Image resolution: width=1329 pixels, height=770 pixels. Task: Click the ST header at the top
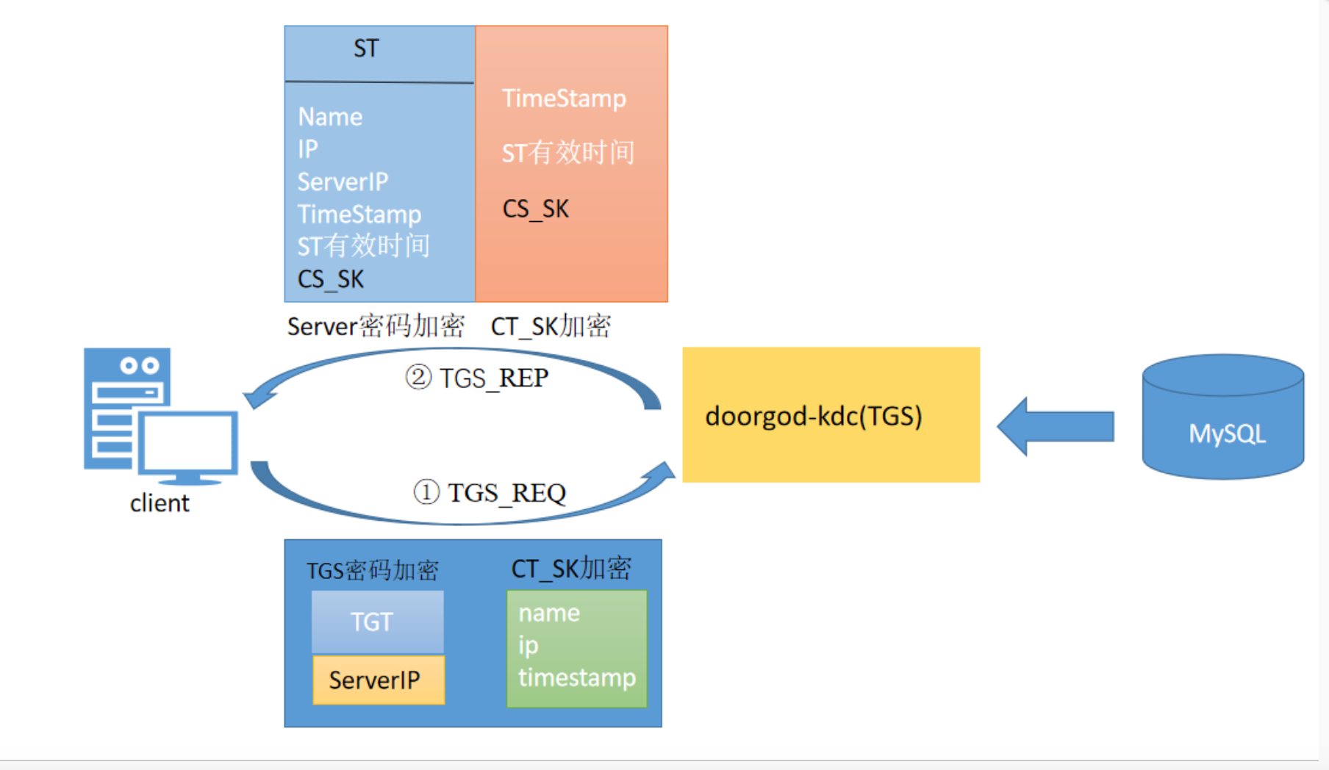click(366, 48)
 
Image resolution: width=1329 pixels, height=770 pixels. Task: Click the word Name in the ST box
click(330, 117)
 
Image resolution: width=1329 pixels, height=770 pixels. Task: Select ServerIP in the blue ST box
click(343, 181)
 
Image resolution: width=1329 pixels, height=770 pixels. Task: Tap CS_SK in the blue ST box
click(330, 279)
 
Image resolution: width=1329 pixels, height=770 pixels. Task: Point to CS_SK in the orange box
click(535, 209)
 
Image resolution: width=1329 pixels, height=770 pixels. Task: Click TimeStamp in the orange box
click(564, 98)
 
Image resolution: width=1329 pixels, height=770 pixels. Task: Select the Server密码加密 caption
click(376, 326)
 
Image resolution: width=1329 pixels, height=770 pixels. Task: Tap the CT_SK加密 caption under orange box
click(551, 326)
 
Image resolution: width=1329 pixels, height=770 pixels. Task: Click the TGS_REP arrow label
click(476, 378)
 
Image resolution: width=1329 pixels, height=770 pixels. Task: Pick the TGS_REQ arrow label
click(490, 492)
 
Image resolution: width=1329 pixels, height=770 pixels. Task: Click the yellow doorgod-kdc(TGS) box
click(831, 415)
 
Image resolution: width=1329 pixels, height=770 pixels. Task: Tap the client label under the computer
click(160, 503)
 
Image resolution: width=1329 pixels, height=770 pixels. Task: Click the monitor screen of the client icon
click(188, 443)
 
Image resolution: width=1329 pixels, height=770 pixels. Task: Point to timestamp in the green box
click(576, 677)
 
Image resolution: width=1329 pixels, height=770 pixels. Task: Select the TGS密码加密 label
click(372, 571)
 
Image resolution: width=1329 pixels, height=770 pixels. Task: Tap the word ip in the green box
click(528, 645)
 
